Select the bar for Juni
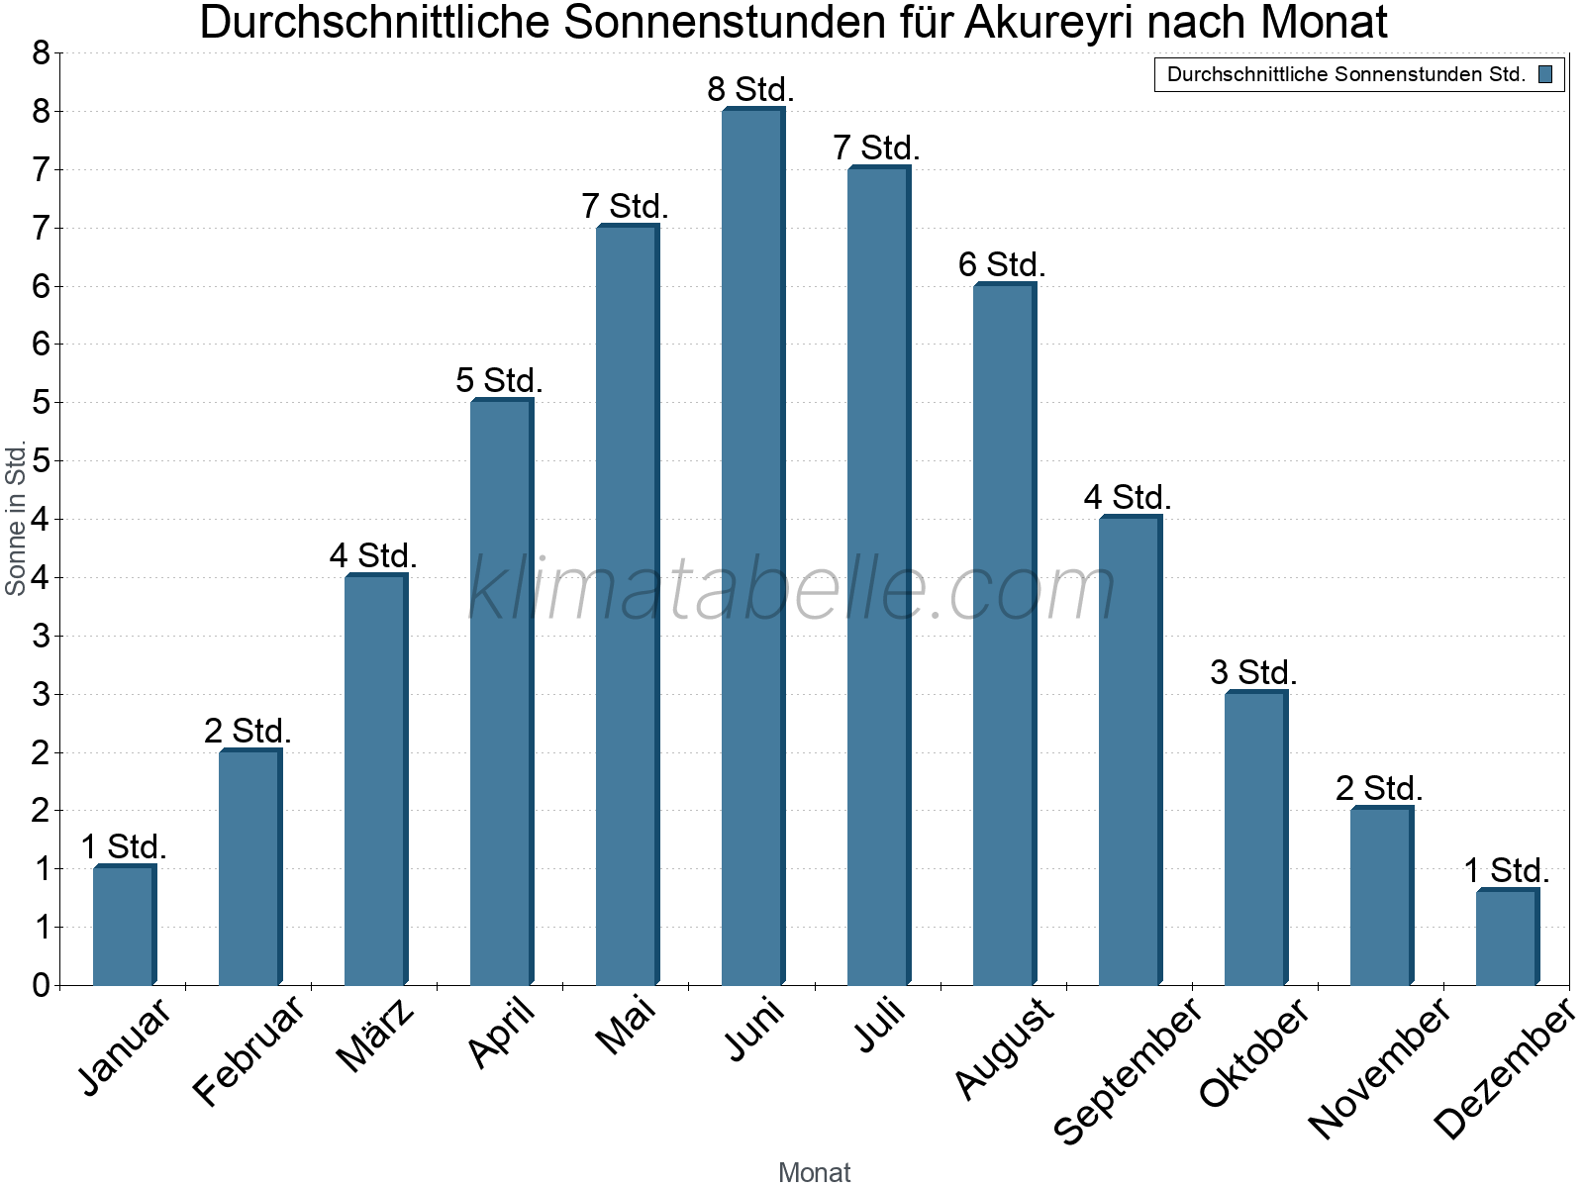coord(752,546)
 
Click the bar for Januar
coord(124,926)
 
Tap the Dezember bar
coord(1507,938)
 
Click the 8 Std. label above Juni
coord(750,89)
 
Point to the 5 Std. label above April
coord(499,380)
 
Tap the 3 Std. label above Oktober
coord(1253,672)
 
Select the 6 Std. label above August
coord(1002,264)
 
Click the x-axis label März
coord(376,1036)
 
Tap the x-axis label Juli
coord(880,1024)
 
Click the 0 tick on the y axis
coord(41,985)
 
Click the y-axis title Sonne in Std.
coord(16,519)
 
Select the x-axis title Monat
coord(814,1172)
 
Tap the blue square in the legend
coord(1545,74)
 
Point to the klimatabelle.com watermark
coord(792,589)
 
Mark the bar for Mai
coord(627,605)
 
